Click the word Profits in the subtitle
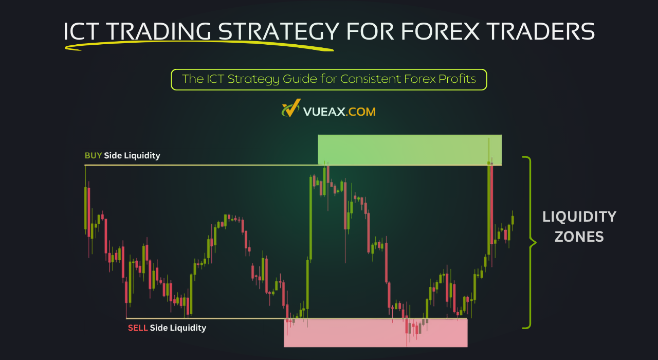pyautogui.click(x=456, y=80)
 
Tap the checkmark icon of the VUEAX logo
pyautogui.click(x=290, y=110)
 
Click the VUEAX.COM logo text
pyautogui.click(x=339, y=111)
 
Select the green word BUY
pyautogui.click(x=93, y=155)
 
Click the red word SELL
pyautogui.click(x=138, y=328)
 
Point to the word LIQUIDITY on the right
pyautogui.click(x=579, y=217)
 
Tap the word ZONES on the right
pyautogui.click(x=579, y=237)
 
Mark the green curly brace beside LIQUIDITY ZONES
pyautogui.click(x=528, y=242)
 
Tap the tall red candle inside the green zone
pyautogui.click(x=492, y=206)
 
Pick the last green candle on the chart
pyautogui.click(x=513, y=220)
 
